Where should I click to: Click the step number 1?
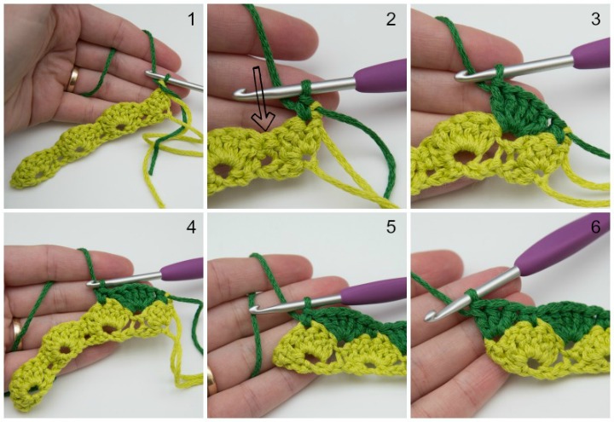point(191,19)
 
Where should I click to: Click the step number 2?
point(391,19)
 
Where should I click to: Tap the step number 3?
point(595,19)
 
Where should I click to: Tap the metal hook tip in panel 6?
point(431,315)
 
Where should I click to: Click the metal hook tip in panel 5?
point(255,312)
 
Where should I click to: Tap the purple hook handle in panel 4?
point(182,269)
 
